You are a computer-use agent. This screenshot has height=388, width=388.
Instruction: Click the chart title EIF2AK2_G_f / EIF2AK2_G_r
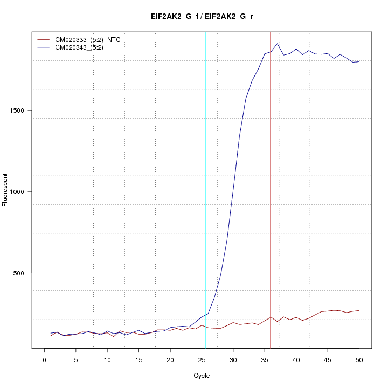[202, 17]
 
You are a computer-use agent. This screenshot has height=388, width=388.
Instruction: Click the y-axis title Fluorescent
[6, 190]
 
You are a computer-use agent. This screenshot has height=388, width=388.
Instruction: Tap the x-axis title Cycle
[202, 376]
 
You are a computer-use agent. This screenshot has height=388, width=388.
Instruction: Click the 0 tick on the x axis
[45, 359]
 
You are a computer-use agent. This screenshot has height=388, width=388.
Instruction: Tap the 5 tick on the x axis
[76, 359]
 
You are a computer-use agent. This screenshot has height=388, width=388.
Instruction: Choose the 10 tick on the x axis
[107, 359]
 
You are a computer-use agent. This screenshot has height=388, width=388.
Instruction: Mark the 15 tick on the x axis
[139, 359]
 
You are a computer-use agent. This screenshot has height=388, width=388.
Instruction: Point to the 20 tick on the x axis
[170, 359]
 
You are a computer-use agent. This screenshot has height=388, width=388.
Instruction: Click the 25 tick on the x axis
[202, 359]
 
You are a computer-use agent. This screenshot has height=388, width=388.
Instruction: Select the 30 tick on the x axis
[233, 359]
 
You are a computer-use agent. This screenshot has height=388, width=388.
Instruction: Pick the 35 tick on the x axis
[265, 359]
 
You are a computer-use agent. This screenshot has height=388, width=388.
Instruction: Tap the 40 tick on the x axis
[296, 359]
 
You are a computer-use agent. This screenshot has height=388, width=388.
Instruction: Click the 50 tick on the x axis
[359, 359]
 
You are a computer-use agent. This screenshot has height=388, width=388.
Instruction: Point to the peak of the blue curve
[277, 44]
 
